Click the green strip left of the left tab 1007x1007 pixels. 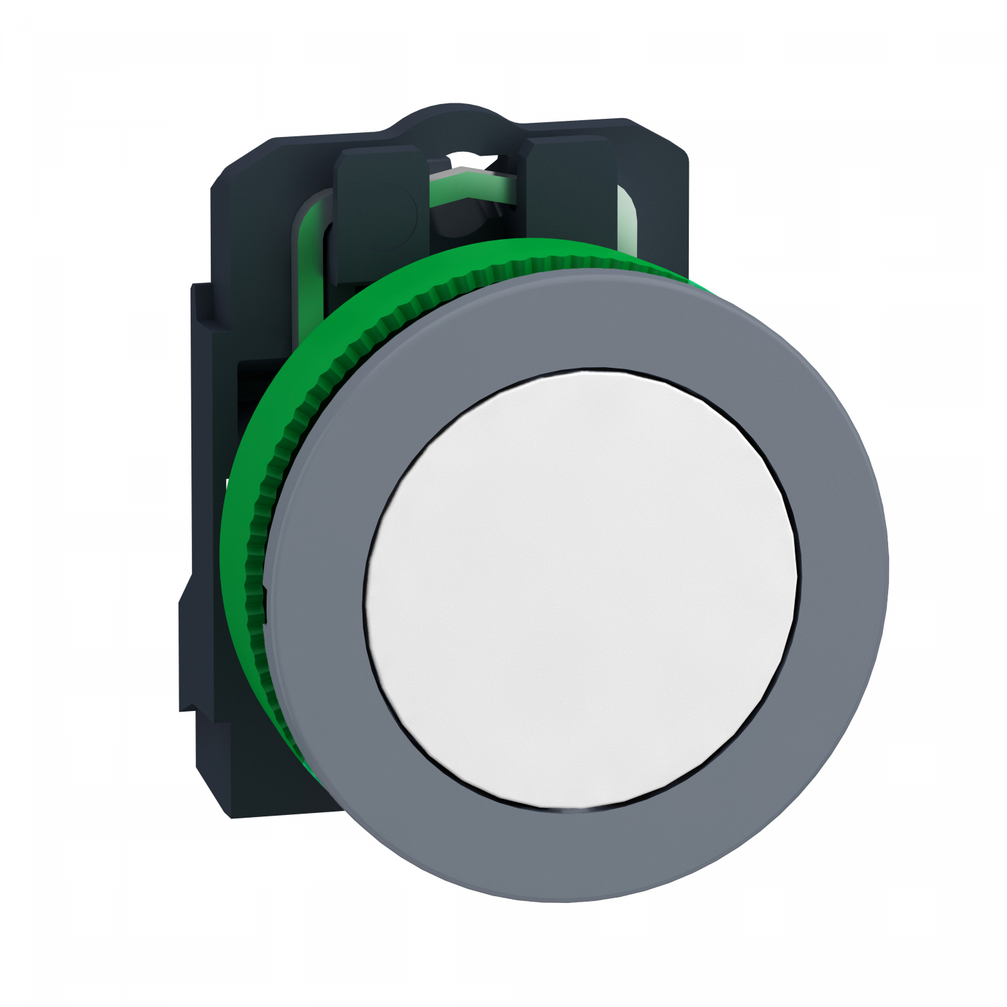(310, 222)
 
